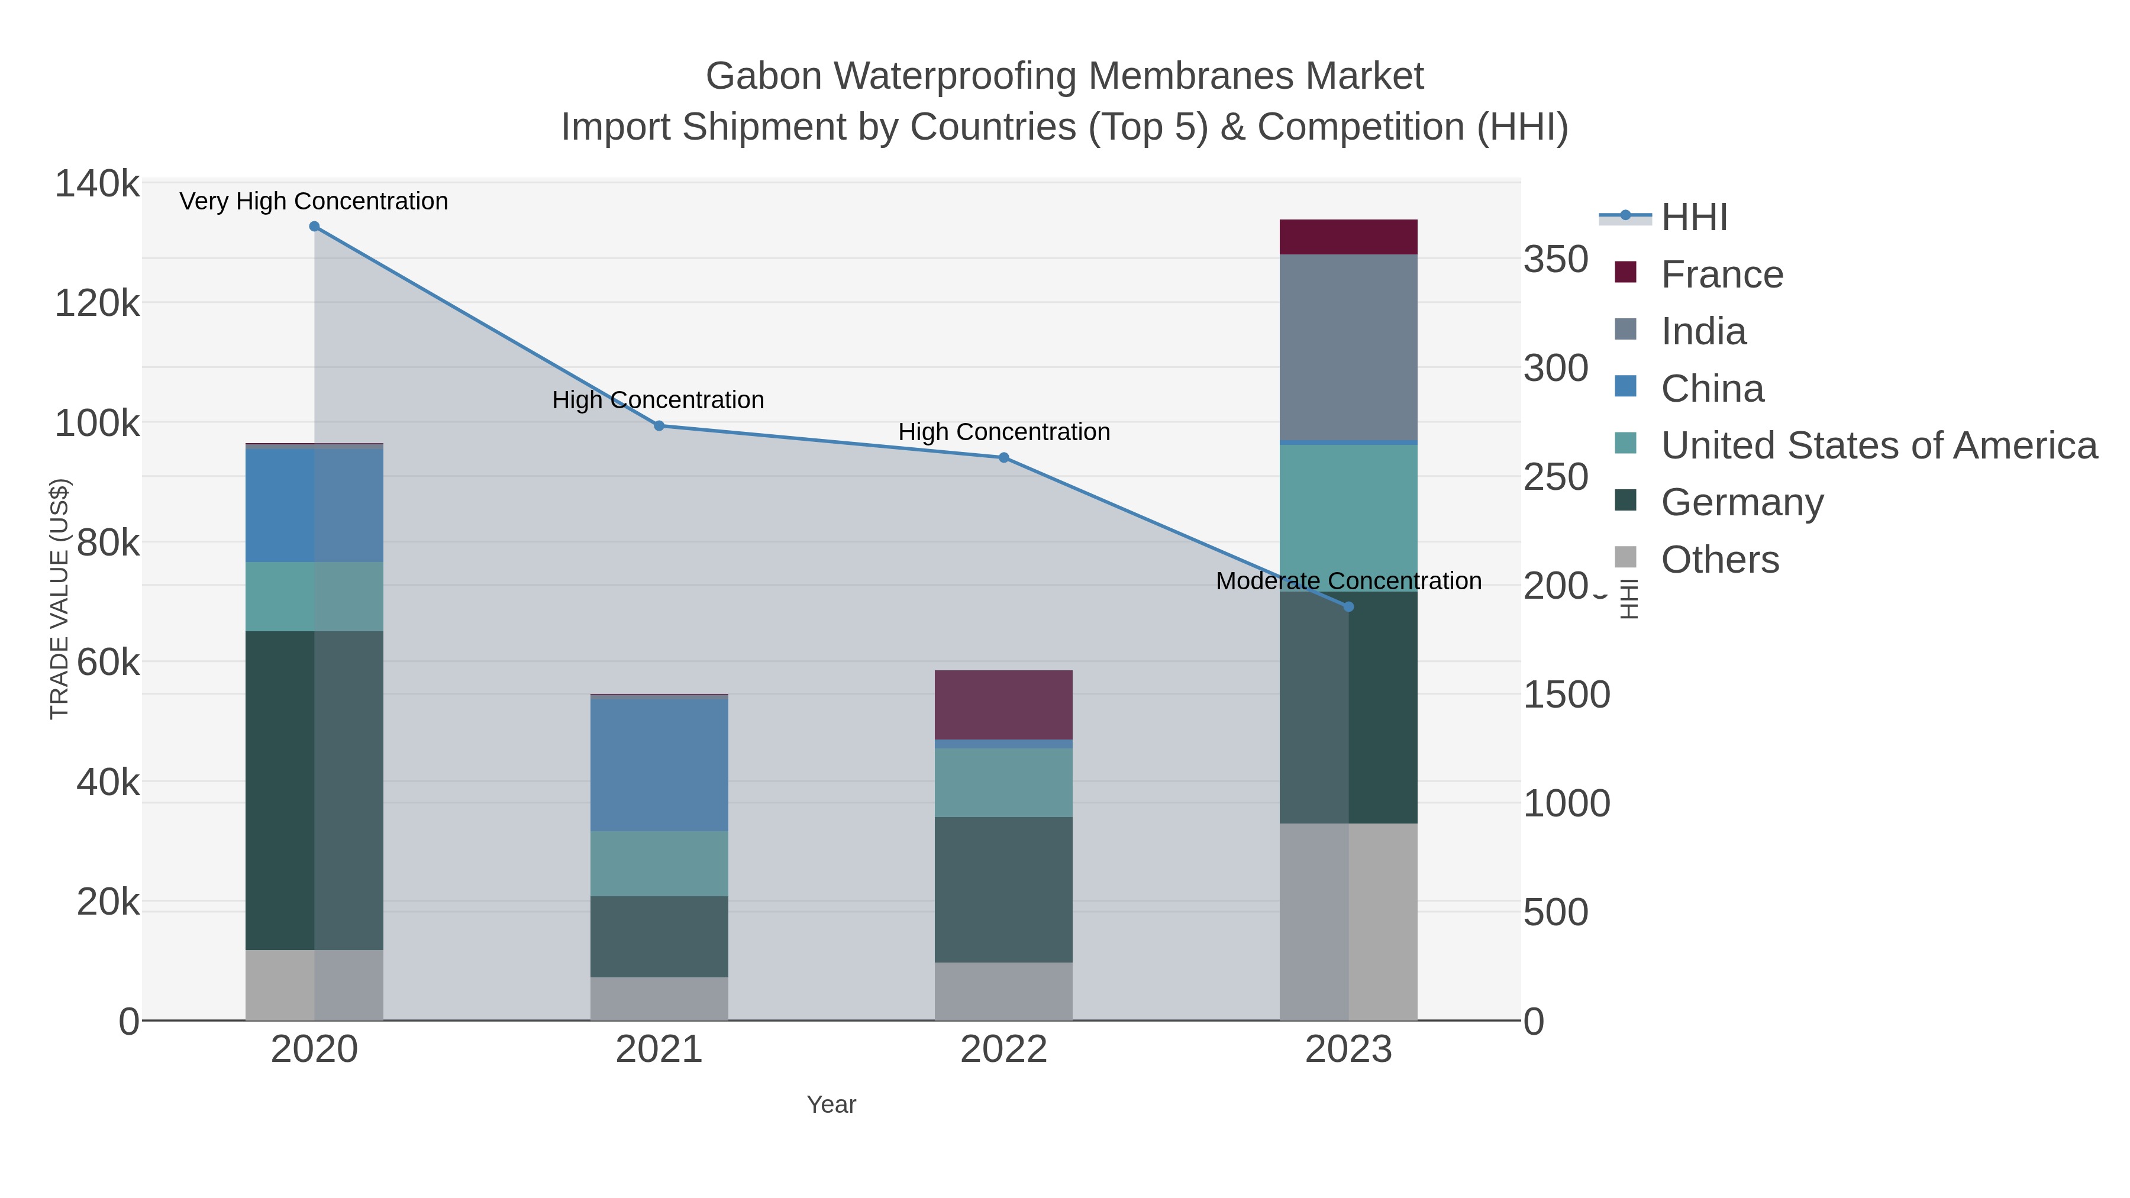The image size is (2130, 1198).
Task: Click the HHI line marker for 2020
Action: click(x=314, y=227)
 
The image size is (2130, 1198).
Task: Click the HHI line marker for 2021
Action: click(x=659, y=426)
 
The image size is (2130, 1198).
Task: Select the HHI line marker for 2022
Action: click(x=1004, y=457)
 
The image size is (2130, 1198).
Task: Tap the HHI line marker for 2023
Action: click(x=1348, y=607)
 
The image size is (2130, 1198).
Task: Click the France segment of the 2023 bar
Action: click(x=1348, y=237)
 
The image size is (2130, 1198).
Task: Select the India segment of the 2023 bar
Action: click(x=1348, y=347)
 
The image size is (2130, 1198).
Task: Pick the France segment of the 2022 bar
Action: click(x=1004, y=705)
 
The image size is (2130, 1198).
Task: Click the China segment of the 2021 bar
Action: click(x=659, y=765)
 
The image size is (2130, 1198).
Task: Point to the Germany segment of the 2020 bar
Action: click(x=314, y=790)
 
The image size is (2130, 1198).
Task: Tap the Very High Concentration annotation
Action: click(x=314, y=202)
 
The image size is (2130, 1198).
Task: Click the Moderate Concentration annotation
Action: click(x=1348, y=581)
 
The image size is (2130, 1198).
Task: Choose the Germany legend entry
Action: click(x=1741, y=503)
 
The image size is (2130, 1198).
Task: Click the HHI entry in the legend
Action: click(x=1693, y=218)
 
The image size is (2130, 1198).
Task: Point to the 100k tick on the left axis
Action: click(x=97, y=424)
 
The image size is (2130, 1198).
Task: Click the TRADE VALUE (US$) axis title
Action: click(x=60, y=599)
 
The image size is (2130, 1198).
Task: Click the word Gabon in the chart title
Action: click(x=763, y=76)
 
